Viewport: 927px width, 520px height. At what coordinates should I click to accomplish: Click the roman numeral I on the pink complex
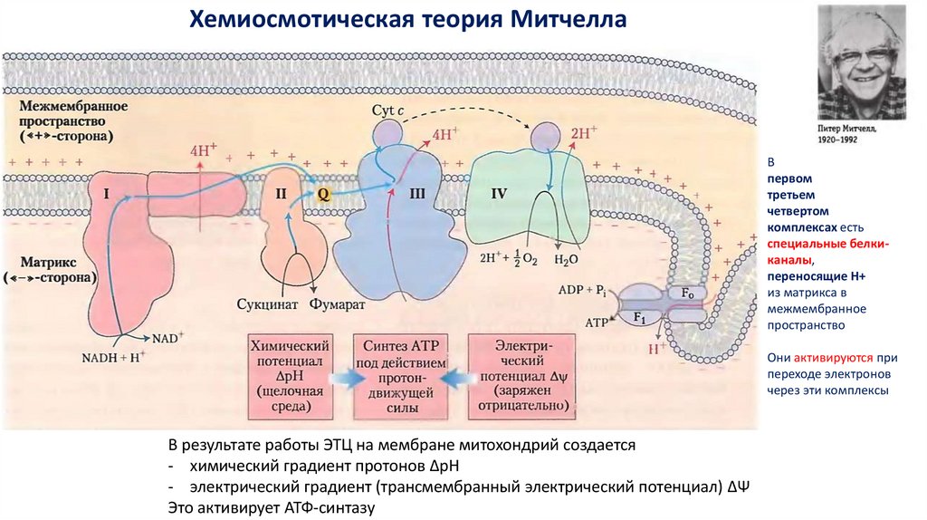107,193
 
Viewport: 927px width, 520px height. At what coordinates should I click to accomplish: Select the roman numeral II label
281,193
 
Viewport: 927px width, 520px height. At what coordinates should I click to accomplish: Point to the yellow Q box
321,192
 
